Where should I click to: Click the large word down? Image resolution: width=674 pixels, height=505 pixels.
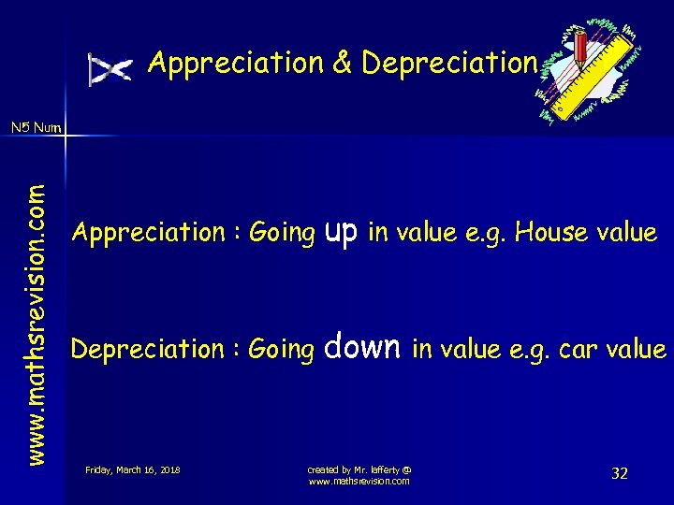(x=363, y=348)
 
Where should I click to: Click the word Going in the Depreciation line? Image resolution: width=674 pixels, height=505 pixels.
(x=282, y=350)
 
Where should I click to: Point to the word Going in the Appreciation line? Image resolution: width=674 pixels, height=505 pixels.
(x=282, y=233)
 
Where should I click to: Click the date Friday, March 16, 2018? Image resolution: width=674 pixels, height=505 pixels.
(x=132, y=469)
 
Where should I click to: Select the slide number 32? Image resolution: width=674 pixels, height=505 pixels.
(x=619, y=473)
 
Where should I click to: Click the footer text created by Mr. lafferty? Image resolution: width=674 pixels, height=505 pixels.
(x=359, y=469)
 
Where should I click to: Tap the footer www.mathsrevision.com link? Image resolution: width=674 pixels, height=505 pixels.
(x=359, y=481)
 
